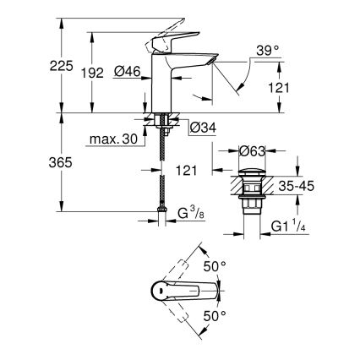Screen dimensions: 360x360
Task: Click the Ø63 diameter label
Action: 254,152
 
